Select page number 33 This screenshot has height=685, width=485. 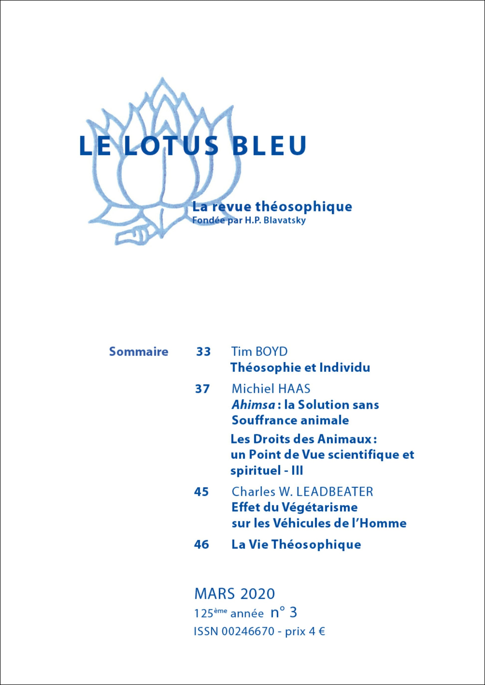tap(203, 352)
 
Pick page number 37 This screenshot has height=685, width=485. tap(202, 389)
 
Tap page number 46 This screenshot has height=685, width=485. tap(201, 545)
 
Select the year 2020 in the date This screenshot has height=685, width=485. tap(257, 593)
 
